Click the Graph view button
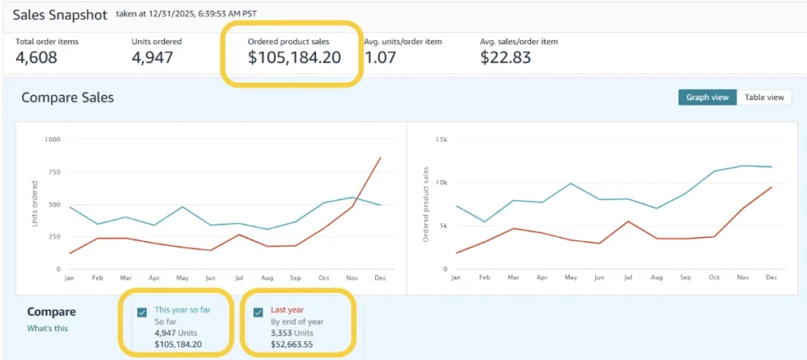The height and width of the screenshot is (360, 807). click(707, 97)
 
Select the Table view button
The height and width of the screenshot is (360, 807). click(764, 97)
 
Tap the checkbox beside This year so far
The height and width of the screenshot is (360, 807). click(142, 312)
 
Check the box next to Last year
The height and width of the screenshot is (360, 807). click(258, 312)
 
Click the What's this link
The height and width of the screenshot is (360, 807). click(47, 328)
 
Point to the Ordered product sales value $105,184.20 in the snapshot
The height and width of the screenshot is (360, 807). click(295, 57)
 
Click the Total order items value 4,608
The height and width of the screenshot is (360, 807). click(36, 57)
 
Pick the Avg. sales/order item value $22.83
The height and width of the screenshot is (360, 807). click(505, 57)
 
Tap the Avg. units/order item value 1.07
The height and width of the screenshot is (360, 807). click(381, 57)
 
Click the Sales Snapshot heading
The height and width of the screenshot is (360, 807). click(60, 14)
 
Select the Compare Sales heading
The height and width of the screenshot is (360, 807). click(68, 97)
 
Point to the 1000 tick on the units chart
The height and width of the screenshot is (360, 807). click(53, 139)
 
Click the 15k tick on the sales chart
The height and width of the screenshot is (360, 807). click(441, 139)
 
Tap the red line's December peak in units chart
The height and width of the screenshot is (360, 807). click(381, 158)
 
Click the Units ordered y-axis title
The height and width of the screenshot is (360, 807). click(35, 204)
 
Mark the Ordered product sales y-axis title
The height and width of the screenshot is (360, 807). click(426, 204)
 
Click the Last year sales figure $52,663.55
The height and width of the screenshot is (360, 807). click(292, 344)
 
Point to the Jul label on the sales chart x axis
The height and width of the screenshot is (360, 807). click(627, 278)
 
